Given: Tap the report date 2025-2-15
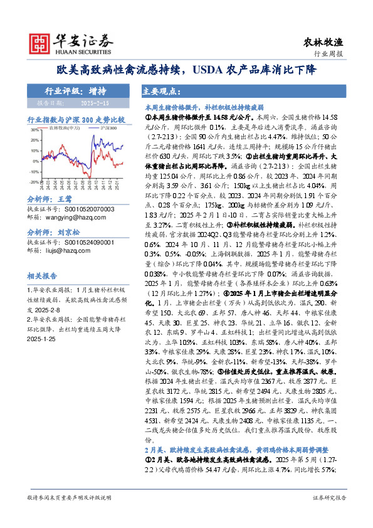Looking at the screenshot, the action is (x=95, y=101).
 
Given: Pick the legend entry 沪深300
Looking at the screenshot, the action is (x=108, y=127).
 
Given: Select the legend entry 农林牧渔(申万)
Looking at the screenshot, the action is (x=62, y=127).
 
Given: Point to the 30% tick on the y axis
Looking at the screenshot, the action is (x=35, y=130).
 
